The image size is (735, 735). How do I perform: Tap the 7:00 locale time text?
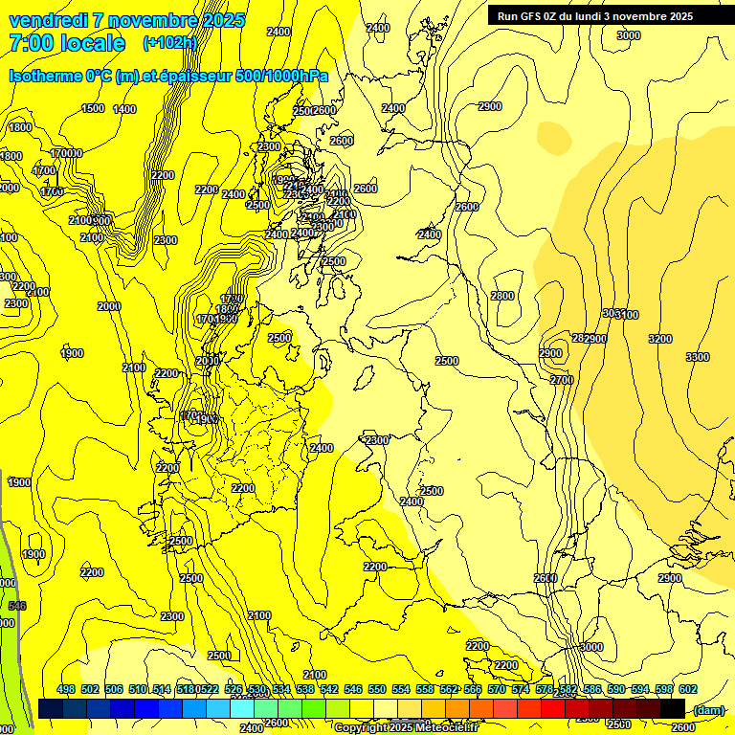pos(67,43)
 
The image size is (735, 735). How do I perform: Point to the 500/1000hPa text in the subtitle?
pos(278,76)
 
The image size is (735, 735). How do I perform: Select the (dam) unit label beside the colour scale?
pos(707,709)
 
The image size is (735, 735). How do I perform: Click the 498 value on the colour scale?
pos(66,690)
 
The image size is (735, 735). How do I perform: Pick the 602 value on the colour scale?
pos(687,690)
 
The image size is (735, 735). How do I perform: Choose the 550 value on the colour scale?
pos(377,690)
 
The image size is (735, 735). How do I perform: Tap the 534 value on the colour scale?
pos(281,690)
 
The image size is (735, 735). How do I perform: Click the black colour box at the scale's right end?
pos(672,708)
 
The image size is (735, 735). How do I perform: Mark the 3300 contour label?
pos(698,357)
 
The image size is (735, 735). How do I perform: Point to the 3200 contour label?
pos(659,339)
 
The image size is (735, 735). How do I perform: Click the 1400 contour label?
pos(124,109)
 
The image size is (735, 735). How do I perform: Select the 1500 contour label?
pos(93,108)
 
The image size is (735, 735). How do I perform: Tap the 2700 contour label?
pos(561,380)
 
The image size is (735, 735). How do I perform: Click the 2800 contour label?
pos(502,296)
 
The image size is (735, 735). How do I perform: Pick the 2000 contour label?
pos(109,306)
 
